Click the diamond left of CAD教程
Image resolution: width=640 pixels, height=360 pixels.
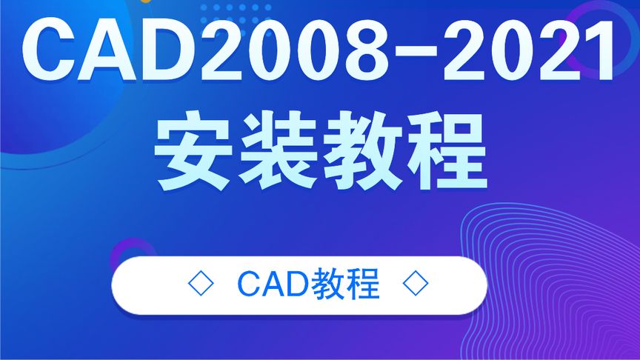(x=201, y=284)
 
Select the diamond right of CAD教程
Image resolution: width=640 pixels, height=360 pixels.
(x=416, y=284)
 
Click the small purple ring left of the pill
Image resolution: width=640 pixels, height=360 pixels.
(x=133, y=253)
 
